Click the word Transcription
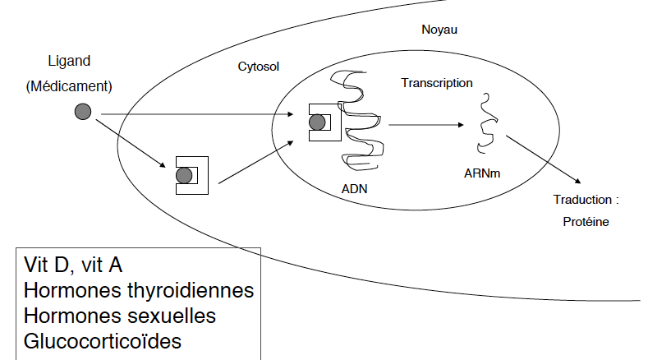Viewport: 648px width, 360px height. [436, 83]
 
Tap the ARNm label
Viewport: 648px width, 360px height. [482, 174]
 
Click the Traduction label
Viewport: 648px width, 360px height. [586, 200]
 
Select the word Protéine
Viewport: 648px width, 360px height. [586, 221]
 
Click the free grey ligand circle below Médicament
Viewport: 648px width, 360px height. [82, 112]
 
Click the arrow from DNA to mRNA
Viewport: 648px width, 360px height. [424, 125]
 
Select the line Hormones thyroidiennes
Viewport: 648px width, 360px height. [139, 291]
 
